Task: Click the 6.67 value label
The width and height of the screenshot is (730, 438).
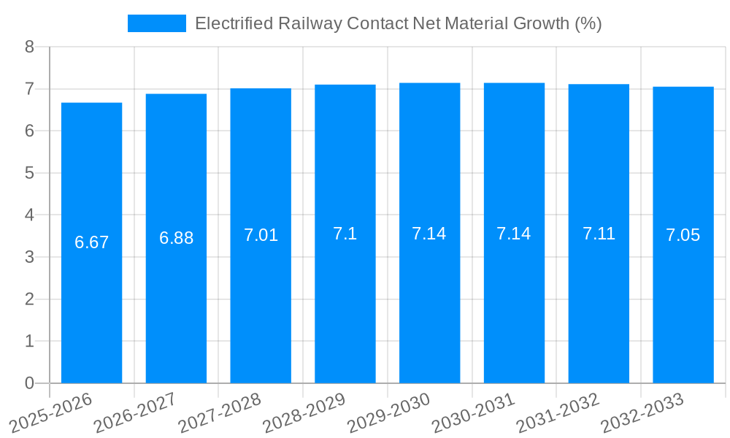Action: (x=91, y=242)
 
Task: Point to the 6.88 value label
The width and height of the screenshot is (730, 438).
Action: (x=176, y=238)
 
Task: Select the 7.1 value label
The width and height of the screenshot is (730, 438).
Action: (x=345, y=234)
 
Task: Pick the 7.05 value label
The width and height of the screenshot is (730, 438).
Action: (x=683, y=235)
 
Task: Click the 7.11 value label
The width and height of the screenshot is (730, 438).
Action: (x=599, y=234)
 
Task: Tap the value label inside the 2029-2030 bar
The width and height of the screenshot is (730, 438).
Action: (x=429, y=234)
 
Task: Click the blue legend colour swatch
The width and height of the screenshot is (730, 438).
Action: (x=156, y=23)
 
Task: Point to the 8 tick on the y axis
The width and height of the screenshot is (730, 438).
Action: (x=29, y=47)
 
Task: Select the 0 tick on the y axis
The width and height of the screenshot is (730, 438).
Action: (x=29, y=383)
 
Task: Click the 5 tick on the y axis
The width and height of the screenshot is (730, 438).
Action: (x=29, y=173)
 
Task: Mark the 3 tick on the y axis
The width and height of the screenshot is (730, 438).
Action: (x=29, y=257)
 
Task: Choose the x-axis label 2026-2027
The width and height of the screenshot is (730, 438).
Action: (x=136, y=412)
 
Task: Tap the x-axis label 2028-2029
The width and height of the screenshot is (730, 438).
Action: (x=305, y=412)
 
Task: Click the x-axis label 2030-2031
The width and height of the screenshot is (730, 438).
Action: (x=474, y=412)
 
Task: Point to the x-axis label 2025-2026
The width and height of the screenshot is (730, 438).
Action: (x=51, y=412)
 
